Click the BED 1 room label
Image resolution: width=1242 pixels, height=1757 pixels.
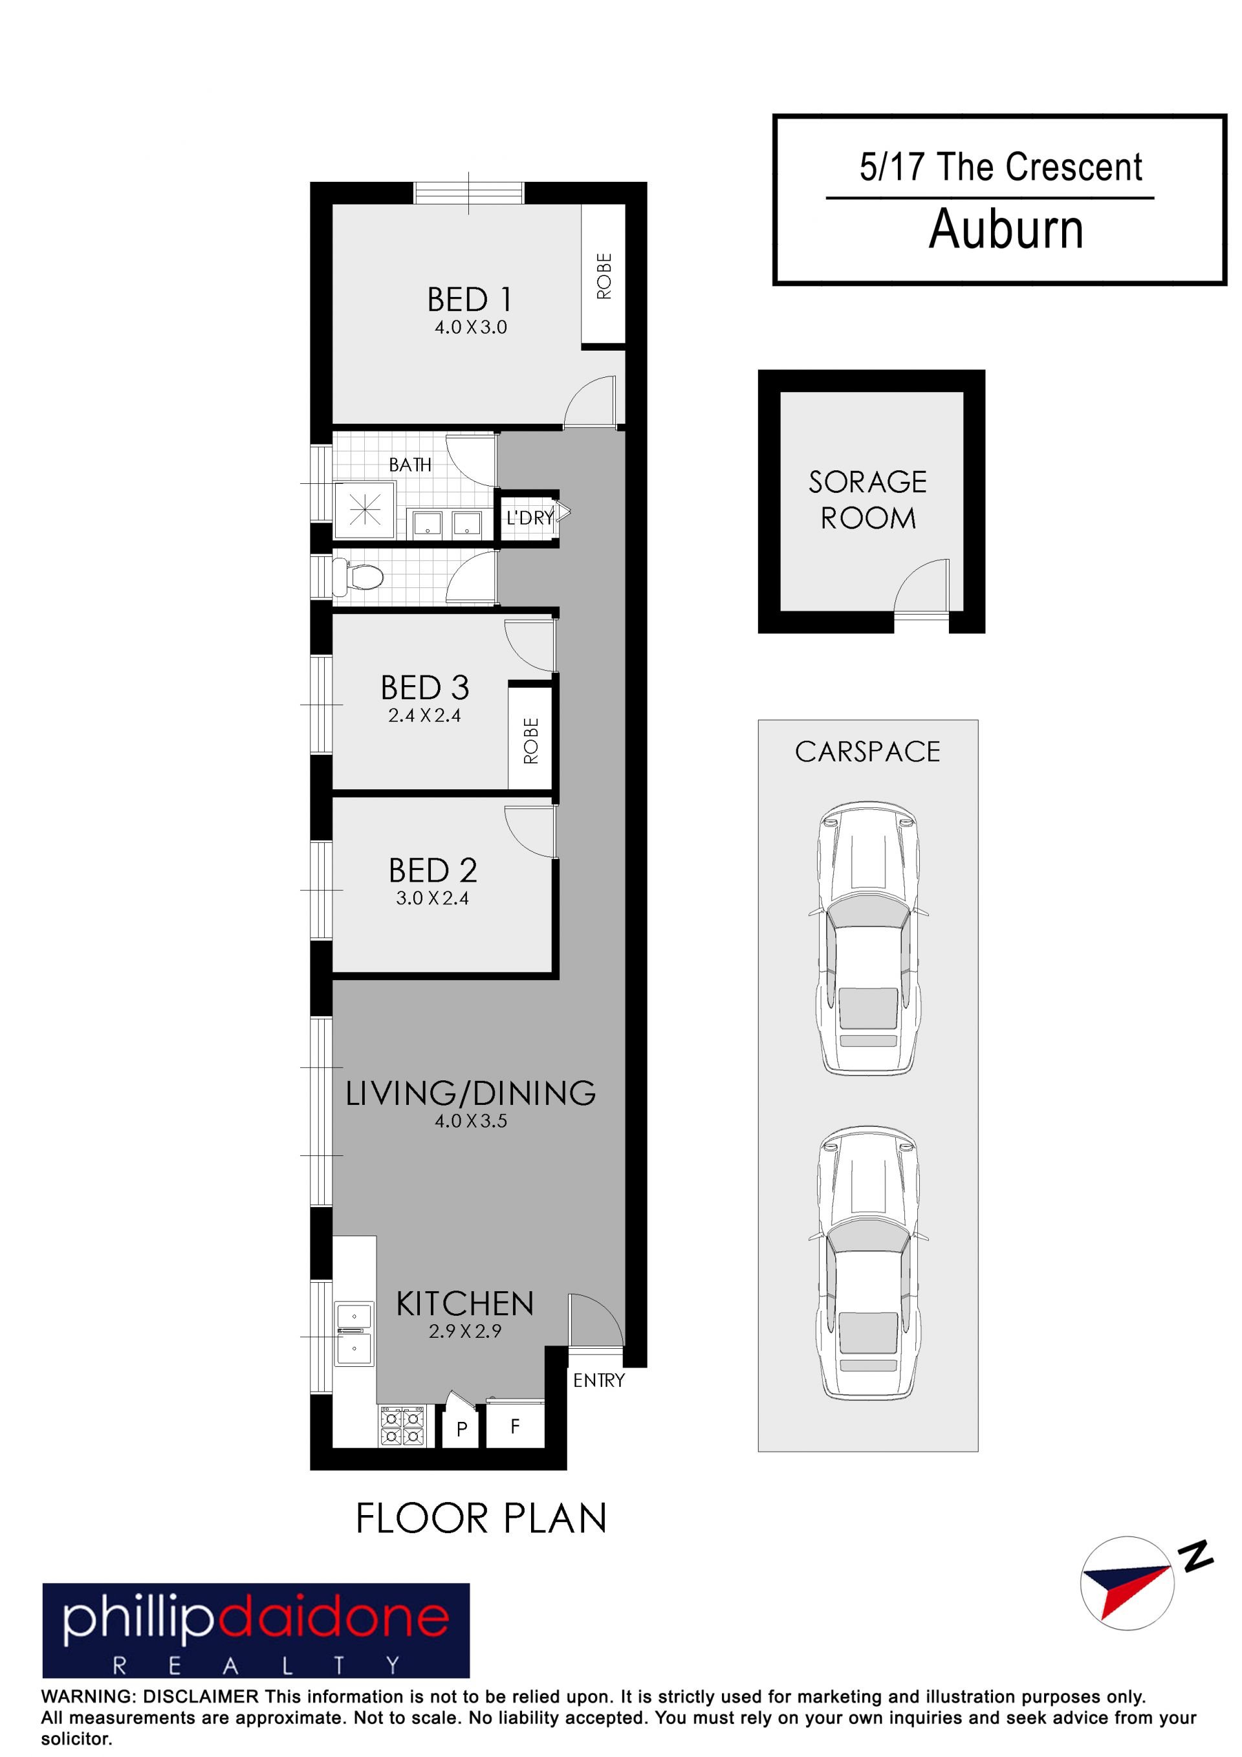(469, 300)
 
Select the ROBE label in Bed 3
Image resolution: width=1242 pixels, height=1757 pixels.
(530, 740)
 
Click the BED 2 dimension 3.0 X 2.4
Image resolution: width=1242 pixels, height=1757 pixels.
(431, 898)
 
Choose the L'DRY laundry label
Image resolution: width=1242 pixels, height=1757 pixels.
(530, 518)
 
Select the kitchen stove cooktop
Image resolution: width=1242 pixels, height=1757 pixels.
(402, 1426)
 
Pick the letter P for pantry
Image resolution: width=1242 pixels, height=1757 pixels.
(461, 1429)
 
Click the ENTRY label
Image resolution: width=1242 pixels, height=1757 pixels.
(598, 1380)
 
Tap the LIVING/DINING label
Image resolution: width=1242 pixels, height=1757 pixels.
(471, 1093)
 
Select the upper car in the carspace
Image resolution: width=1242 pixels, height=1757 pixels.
(868, 938)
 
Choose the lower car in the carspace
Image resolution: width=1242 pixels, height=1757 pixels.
(868, 1263)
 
